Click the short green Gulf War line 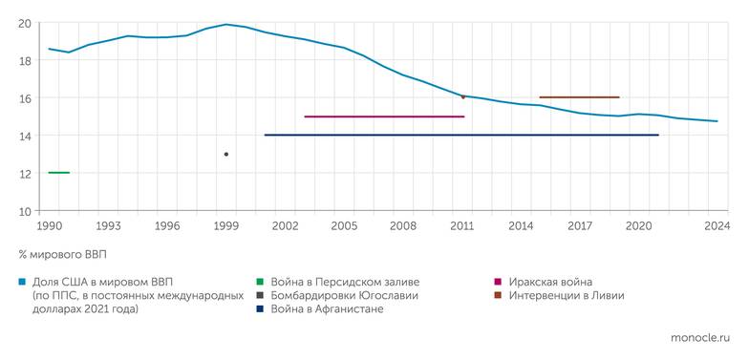coord(58,173)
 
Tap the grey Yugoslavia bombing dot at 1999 coord(226,154)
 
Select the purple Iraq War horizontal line coord(383,116)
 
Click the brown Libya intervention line coord(579,97)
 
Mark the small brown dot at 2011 coord(462,96)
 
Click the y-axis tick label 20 coord(25,23)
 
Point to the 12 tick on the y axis coord(25,173)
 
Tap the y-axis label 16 coord(25,98)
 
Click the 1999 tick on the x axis coord(226,226)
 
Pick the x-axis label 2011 coord(462,226)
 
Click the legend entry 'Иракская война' coord(549,282)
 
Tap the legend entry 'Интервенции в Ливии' coord(565,296)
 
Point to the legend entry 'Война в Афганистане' coord(328,309)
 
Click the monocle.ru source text coord(700,338)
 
